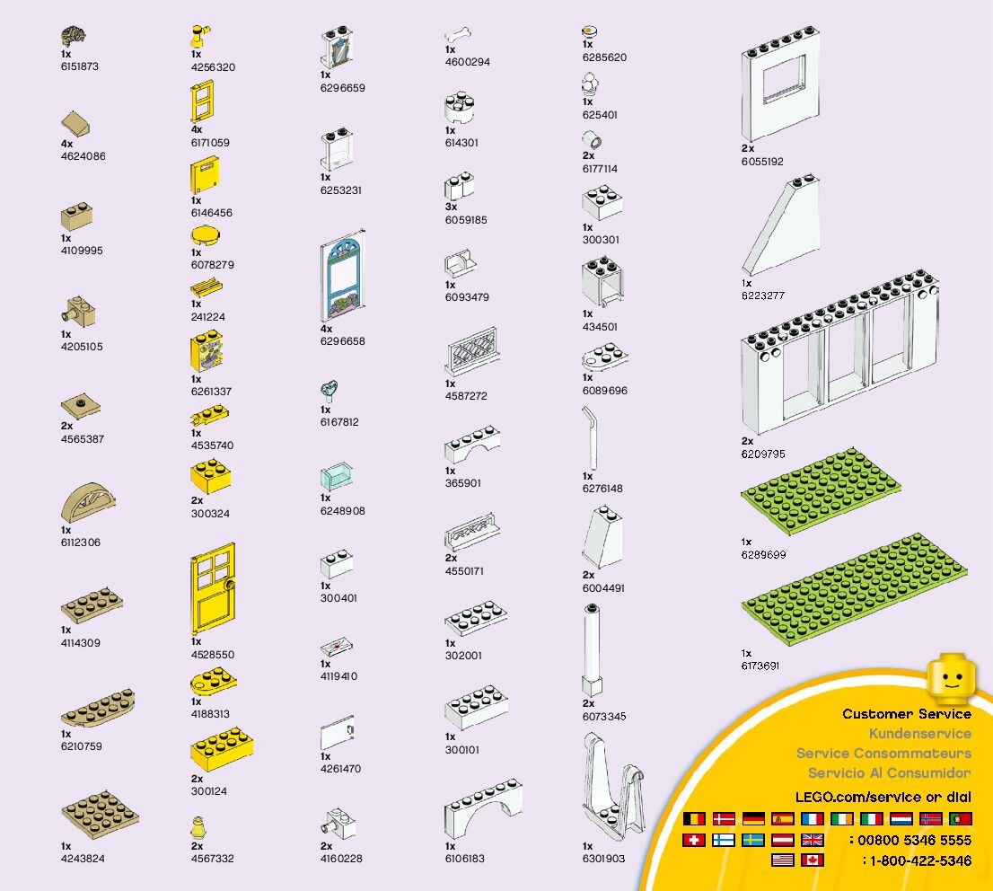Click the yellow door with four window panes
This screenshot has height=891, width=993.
(x=213, y=588)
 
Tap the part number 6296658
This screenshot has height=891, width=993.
(x=342, y=341)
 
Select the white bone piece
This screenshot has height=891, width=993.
(x=458, y=36)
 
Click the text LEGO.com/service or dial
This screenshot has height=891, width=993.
(x=883, y=797)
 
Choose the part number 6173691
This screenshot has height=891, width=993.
(x=760, y=666)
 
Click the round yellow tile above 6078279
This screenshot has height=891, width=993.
(x=206, y=236)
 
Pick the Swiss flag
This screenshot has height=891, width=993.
(x=693, y=841)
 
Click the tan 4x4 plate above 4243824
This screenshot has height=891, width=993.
(x=100, y=814)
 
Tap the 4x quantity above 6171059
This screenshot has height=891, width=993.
(x=197, y=129)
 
